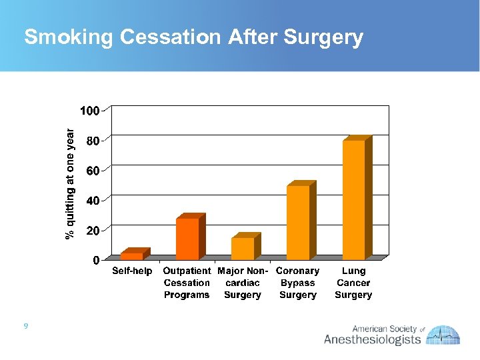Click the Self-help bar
(x=131, y=256)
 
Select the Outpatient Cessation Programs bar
(x=187, y=239)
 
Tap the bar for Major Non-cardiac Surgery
(x=243, y=248)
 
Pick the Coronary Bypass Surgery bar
(x=298, y=222)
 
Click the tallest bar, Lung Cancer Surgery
(x=353, y=199)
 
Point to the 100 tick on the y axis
(x=90, y=111)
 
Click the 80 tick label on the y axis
(x=93, y=141)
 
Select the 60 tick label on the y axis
(x=93, y=171)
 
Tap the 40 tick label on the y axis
(x=93, y=200)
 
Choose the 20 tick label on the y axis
(x=93, y=230)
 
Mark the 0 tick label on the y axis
(x=96, y=260)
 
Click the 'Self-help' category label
(x=132, y=271)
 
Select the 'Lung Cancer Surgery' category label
(x=353, y=283)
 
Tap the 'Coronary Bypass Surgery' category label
(x=297, y=283)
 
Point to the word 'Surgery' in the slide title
(x=323, y=38)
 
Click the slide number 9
(x=25, y=326)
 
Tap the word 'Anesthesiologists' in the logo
(x=372, y=340)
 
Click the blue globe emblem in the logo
(x=443, y=335)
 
